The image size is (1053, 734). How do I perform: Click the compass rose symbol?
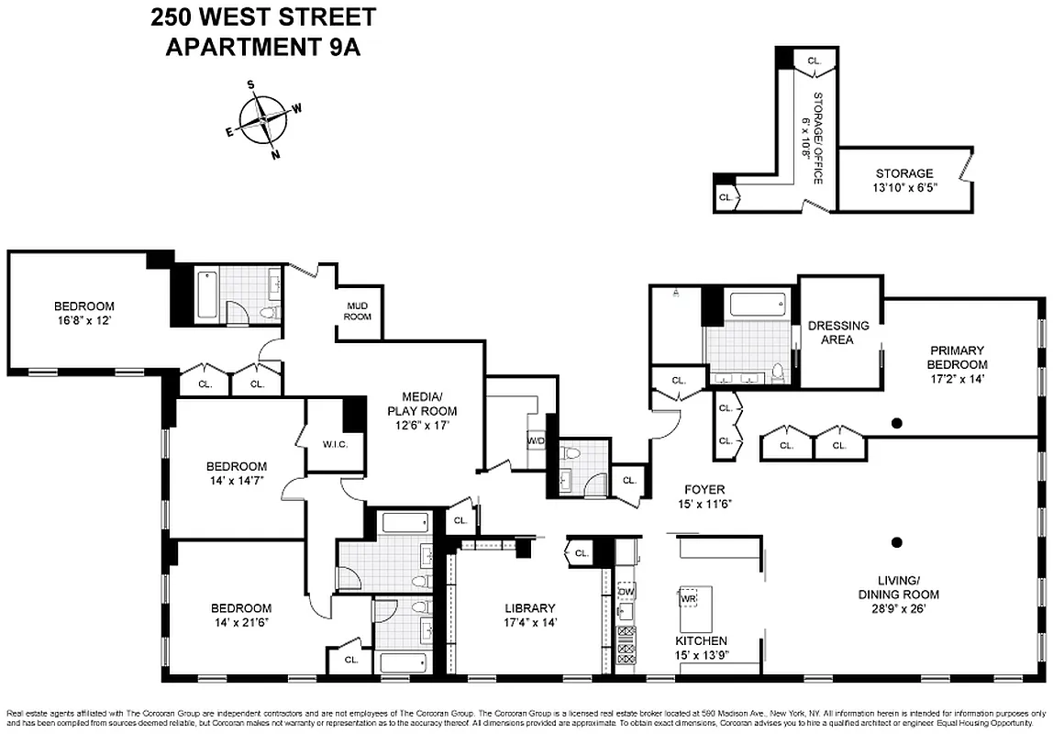(x=264, y=119)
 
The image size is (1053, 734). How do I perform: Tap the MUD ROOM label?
(x=358, y=311)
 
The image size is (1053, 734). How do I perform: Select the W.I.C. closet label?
(x=335, y=445)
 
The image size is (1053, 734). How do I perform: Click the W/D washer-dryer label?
(x=536, y=441)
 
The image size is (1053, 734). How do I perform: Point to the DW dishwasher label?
(x=626, y=592)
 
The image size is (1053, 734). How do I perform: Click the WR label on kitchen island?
(x=689, y=598)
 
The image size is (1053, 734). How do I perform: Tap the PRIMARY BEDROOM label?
(x=958, y=357)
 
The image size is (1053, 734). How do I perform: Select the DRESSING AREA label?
(x=837, y=332)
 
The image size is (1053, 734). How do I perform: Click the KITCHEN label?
(x=701, y=640)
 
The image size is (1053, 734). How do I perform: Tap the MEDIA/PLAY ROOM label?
(x=422, y=404)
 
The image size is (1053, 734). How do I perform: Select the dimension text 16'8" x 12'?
(x=83, y=321)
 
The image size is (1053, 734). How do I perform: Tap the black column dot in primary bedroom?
(x=897, y=423)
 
